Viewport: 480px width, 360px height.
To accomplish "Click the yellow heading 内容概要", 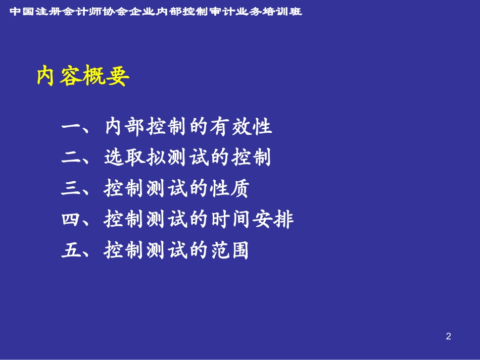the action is coord(83,76).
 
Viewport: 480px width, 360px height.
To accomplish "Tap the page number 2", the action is coord(449,336).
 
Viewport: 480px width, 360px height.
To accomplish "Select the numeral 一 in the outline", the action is coord(71,126).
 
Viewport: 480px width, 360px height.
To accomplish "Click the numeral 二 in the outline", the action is coord(71,157).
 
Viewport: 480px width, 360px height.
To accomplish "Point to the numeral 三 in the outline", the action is coord(71,188).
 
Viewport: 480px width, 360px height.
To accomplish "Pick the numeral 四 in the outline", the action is coord(71,219).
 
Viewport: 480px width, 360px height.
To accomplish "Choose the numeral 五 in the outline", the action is coord(71,250).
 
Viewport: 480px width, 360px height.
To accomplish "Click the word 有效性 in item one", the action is coord(241,126).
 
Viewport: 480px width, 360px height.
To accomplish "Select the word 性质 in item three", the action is coord(229,188).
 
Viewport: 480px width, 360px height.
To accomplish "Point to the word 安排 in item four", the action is coord(273,219).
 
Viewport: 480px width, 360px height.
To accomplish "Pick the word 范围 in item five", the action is coord(229,250).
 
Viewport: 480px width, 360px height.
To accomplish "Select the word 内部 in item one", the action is coord(125,126).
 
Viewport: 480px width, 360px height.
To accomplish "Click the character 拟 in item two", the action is coord(156,157).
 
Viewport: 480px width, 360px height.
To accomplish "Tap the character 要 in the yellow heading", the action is coord(118,76).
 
